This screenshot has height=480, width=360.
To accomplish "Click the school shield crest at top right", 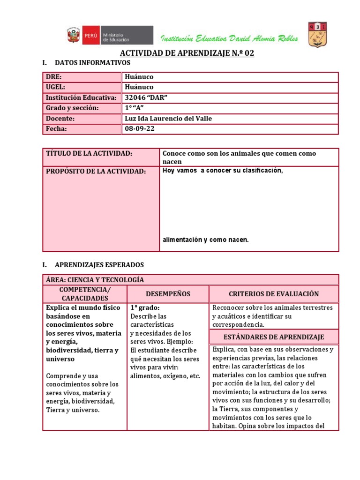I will pos(317,34).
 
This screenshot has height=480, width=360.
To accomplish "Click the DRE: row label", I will pos(54,77).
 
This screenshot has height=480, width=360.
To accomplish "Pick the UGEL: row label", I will pos(55,87).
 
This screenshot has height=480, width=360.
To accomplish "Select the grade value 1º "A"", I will pos(135,108).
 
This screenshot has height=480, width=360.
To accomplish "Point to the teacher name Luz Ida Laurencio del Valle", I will pos(169,119).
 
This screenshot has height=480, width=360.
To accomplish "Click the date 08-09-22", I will pos(140,129).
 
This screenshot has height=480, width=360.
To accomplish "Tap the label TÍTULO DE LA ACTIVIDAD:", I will pos(90,154).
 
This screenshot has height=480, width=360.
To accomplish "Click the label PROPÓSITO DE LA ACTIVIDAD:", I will pos(96,172).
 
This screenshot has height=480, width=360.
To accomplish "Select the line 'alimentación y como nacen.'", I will pos(205,240).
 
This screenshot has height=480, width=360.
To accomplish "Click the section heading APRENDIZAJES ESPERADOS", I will pos(99,265).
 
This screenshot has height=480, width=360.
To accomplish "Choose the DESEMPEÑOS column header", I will pos(168,294).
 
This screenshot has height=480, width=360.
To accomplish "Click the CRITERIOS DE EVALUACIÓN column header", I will pos(274,294).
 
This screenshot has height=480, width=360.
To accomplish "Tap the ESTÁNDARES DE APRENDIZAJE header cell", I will pos(274,337).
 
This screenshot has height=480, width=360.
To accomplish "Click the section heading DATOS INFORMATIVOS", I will pos(92,62).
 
